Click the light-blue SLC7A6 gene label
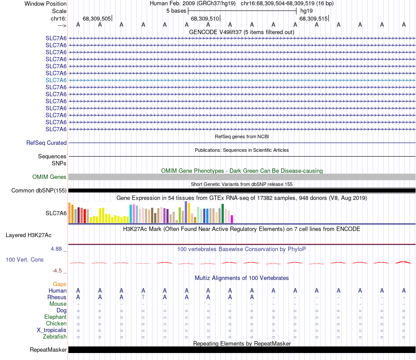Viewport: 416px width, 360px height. tap(56, 80)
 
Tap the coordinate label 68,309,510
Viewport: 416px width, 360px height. tap(204, 19)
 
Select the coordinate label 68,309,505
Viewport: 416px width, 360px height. tap(96, 19)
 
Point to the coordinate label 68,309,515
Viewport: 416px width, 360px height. tap(313, 19)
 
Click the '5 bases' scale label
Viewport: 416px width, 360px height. tap(176, 10)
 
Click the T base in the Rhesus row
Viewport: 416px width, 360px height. tap(143, 297)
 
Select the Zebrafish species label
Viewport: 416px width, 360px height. tap(55, 337)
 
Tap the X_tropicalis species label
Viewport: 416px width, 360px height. tap(52, 330)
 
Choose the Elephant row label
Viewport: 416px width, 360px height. tap(55, 317)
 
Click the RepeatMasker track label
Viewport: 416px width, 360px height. tap(48, 350)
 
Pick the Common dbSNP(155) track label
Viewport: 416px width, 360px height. tap(39, 190)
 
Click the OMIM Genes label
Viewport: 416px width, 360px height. tap(49, 177)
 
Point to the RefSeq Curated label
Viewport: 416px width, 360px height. tap(46, 143)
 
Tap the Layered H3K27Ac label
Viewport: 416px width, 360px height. tap(28, 235)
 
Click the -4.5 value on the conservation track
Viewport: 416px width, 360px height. tap(57, 271)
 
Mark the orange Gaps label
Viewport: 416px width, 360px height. tap(60, 284)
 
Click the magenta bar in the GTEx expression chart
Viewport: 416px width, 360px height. tap(232, 219)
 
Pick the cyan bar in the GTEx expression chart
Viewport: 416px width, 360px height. tap(130, 213)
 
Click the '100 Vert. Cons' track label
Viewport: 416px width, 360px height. tap(25, 259)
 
